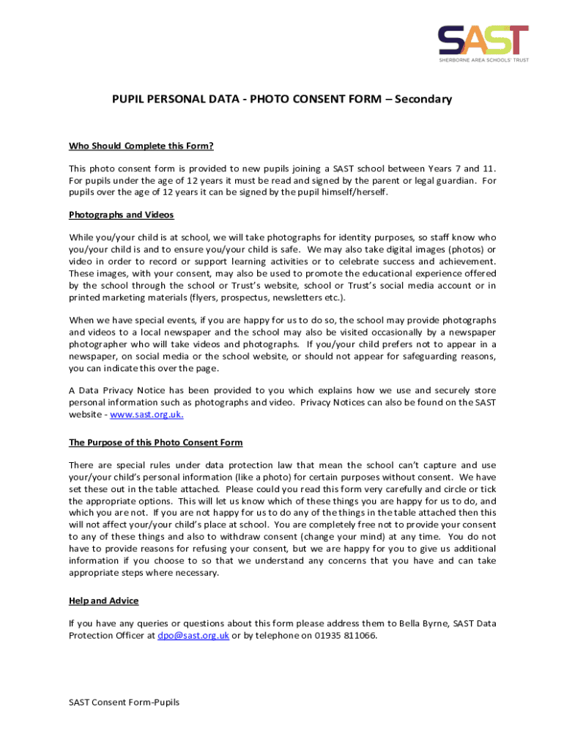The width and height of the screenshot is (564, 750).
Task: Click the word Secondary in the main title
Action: pyautogui.click(x=423, y=99)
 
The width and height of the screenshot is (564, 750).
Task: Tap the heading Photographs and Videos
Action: pyautogui.click(x=121, y=215)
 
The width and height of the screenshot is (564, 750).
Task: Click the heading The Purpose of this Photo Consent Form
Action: pyautogui.click(x=155, y=442)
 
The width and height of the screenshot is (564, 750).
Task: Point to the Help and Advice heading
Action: pyautogui.click(x=103, y=601)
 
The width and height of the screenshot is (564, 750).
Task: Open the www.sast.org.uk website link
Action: pyautogui.click(x=146, y=415)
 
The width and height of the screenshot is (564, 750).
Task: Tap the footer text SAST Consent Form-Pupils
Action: pyautogui.click(x=124, y=702)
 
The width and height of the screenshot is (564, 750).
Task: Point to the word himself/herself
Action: pyautogui.click(x=349, y=192)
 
